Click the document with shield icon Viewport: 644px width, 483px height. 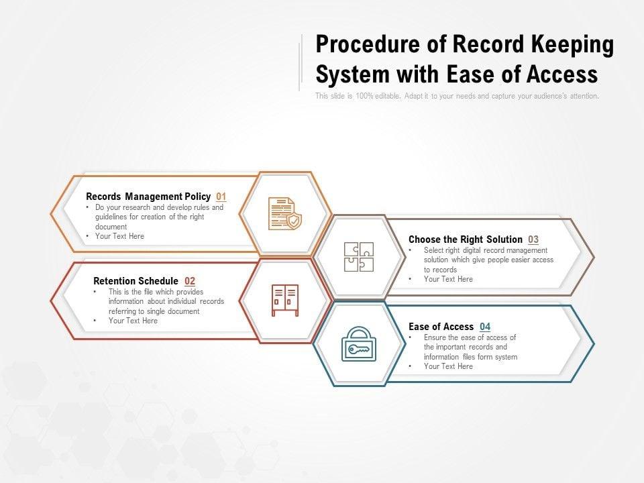pyautogui.click(x=285, y=213)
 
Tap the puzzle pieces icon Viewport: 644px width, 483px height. pyautogui.click(x=358, y=256)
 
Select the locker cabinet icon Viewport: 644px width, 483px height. pyautogui.click(x=285, y=300)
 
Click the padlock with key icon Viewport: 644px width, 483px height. pyautogui.click(x=359, y=344)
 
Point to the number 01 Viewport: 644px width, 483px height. pyautogui.click(x=221, y=197)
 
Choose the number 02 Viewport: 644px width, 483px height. pyautogui.click(x=190, y=281)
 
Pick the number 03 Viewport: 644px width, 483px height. pyautogui.click(x=533, y=239)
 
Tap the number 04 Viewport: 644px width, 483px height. pyautogui.click(x=485, y=327)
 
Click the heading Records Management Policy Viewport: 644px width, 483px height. pyautogui.click(x=148, y=197)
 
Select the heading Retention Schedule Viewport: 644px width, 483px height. pyautogui.click(x=136, y=281)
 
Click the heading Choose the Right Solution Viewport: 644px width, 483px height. pyautogui.click(x=465, y=239)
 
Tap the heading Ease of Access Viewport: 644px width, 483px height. pyautogui.click(x=441, y=327)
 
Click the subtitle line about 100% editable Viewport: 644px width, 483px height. pyautogui.click(x=457, y=96)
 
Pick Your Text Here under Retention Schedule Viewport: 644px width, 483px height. pyautogui.click(x=133, y=321)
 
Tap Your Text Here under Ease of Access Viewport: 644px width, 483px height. pyautogui.click(x=448, y=366)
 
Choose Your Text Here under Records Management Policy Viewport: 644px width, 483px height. pyautogui.click(x=119, y=236)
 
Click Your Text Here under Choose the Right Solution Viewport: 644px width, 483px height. pyautogui.click(x=448, y=279)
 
